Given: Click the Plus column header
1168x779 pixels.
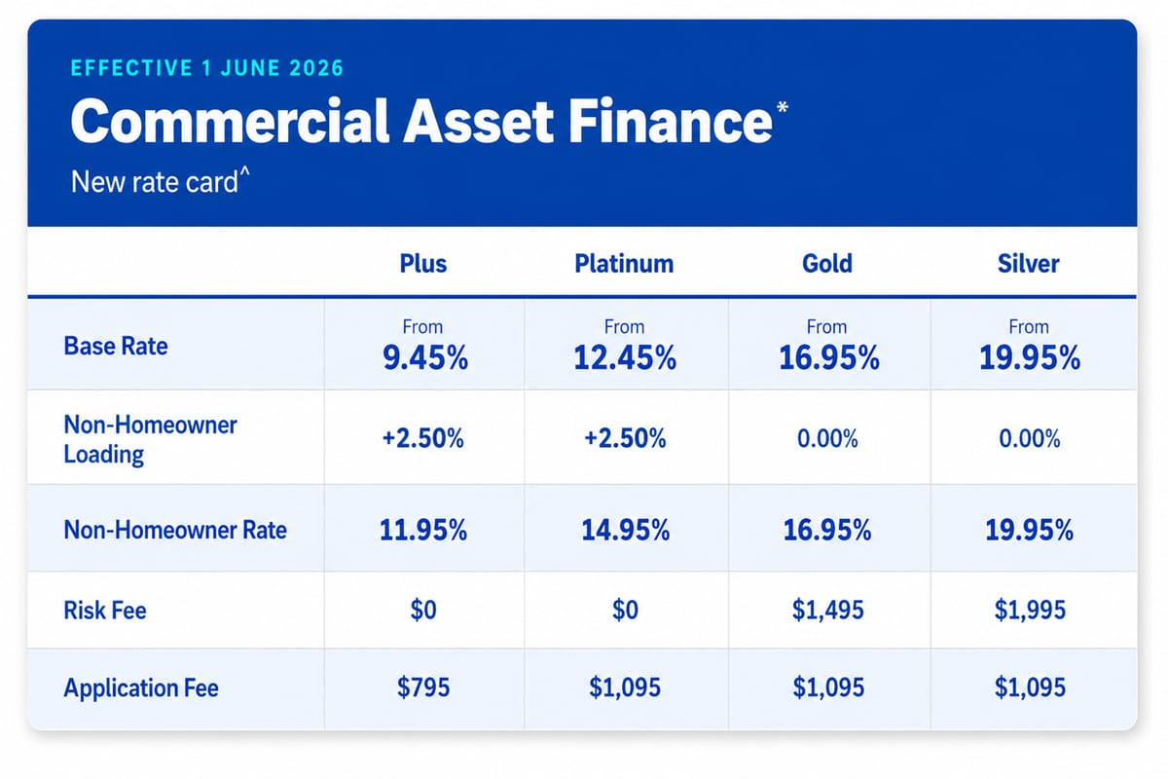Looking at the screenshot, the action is click(422, 264).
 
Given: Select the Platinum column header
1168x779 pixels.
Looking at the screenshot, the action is click(624, 264).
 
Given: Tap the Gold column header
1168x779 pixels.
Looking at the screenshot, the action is click(827, 264).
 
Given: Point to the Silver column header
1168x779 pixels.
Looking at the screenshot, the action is click(1028, 264).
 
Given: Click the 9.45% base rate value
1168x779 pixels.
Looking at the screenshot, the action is click(425, 358).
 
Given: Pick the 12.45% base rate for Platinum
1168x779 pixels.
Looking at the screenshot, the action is click(625, 358).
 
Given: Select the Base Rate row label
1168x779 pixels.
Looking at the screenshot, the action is click(116, 346).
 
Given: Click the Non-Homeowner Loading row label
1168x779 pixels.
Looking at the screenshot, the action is click(150, 439).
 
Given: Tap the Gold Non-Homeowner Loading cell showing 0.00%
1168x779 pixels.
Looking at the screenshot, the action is click(827, 438).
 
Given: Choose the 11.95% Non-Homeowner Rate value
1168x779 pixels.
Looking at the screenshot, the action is click(422, 530).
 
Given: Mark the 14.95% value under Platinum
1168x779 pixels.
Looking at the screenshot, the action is click(625, 530).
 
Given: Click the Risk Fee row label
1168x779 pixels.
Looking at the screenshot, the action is click(105, 611).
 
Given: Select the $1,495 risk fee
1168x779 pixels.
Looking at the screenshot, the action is click(827, 610).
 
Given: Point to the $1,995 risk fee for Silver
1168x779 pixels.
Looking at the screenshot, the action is click(1030, 610).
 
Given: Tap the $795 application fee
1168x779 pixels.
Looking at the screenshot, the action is click(422, 687).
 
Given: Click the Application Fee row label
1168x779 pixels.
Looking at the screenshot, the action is click(141, 688).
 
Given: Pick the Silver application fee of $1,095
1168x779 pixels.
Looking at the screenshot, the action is click(1030, 687).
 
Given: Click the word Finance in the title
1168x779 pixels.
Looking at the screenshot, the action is click(670, 122).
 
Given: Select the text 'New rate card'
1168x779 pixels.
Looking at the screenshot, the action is click(155, 182).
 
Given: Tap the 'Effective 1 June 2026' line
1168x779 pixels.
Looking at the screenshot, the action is click(207, 68).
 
